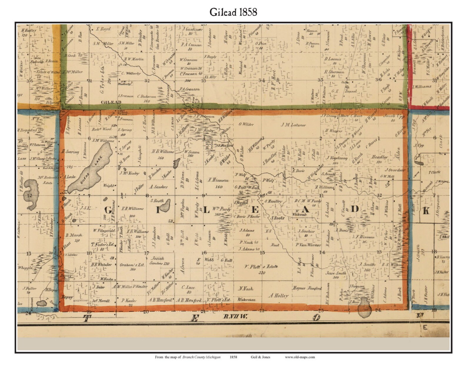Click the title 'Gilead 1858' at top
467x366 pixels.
coord(233,12)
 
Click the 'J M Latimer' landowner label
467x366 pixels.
coord(293,125)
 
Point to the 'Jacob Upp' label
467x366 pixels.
coord(394,116)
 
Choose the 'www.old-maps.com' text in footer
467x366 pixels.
coord(300,357)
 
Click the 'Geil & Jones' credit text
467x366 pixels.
coord(260,357)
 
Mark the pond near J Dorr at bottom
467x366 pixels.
coord(364,307)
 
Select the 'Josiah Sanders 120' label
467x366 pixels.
coord(159,261)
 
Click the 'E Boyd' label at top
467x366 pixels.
coord(103,29)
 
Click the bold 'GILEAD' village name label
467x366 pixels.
coord(111,102)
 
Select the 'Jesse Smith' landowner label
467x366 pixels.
coord(336,273)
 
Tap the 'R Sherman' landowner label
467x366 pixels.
coord(334,72)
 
